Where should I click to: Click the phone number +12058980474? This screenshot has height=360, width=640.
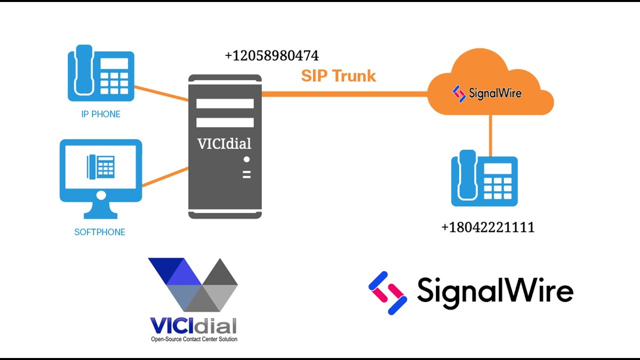[271, 55]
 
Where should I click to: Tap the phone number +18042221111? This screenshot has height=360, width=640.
[487, 227]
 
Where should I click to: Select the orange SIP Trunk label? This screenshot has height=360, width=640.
[338, 76]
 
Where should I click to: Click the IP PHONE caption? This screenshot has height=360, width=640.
[100, 114]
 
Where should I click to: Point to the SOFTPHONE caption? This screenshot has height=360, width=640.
[99, 232]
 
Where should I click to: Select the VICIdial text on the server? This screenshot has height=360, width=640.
[224, 144]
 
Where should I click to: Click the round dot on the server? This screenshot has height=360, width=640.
[246, 160]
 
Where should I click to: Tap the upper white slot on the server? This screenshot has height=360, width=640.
[225, 103]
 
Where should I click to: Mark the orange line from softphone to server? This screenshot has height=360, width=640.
[165, 177]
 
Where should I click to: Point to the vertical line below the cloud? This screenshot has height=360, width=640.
[490, 135]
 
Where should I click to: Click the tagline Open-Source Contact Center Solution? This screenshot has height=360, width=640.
[194, 339]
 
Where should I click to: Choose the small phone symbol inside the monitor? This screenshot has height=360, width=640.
[100, 166]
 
